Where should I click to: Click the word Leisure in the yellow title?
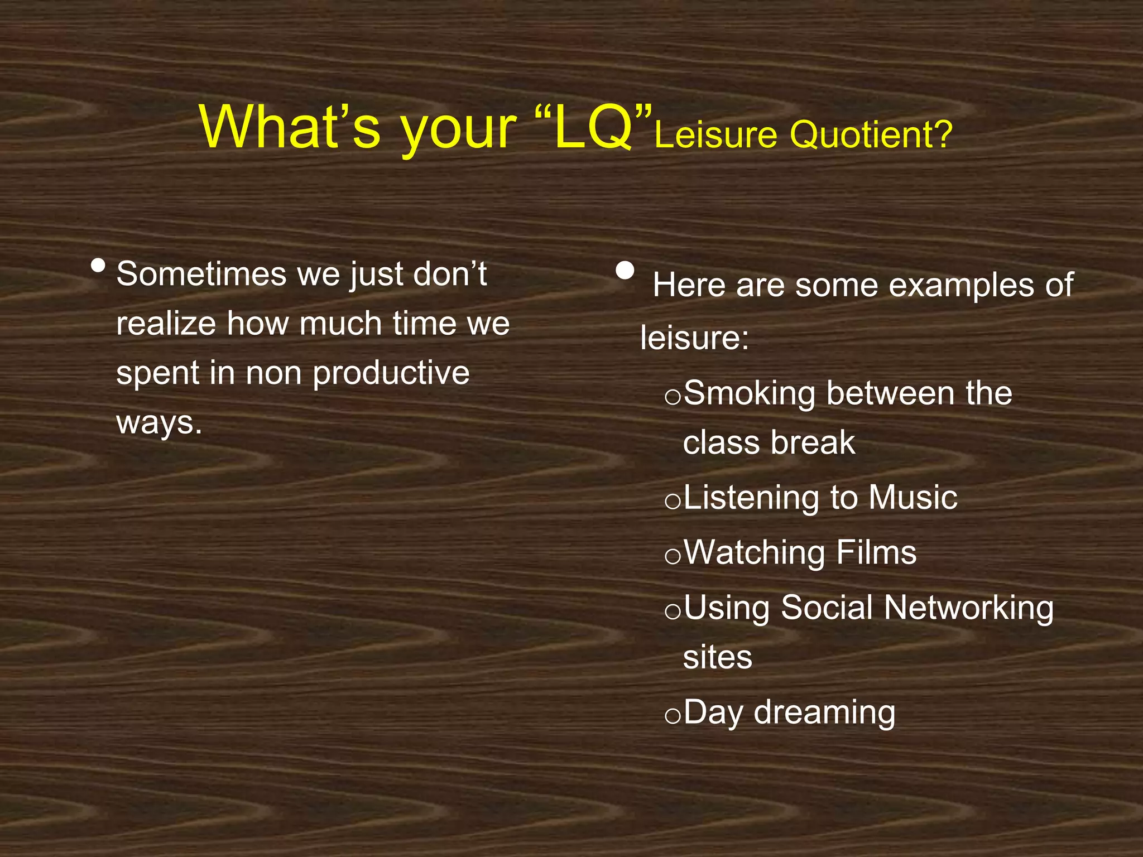(717, 136)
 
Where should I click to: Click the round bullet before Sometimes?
(98, 266)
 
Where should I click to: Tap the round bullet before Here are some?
(625, 271)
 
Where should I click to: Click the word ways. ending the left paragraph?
(159, 423)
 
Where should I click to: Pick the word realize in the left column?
(166, 324)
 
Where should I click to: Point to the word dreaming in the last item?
(824, 712)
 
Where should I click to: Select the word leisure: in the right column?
(694, 338)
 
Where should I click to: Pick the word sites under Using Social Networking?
(717, 657)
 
